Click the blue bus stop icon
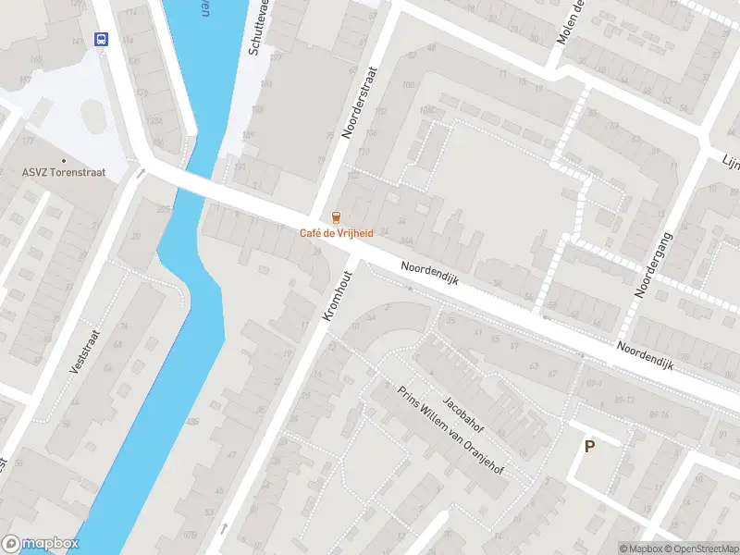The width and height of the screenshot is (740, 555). (x=101, y=39)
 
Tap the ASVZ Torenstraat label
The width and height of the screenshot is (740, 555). (x=64, y=172)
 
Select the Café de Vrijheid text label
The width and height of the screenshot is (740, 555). (x=337, y=233)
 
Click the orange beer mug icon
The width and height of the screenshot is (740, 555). (x=337, y=218)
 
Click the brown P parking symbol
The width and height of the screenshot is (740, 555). (x=589, y=446)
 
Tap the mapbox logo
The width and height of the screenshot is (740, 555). (x=40, y=544)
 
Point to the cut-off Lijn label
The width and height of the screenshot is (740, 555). (x=731, y=161)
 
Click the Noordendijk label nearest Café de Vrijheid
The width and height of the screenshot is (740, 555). (x=430, y=277)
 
